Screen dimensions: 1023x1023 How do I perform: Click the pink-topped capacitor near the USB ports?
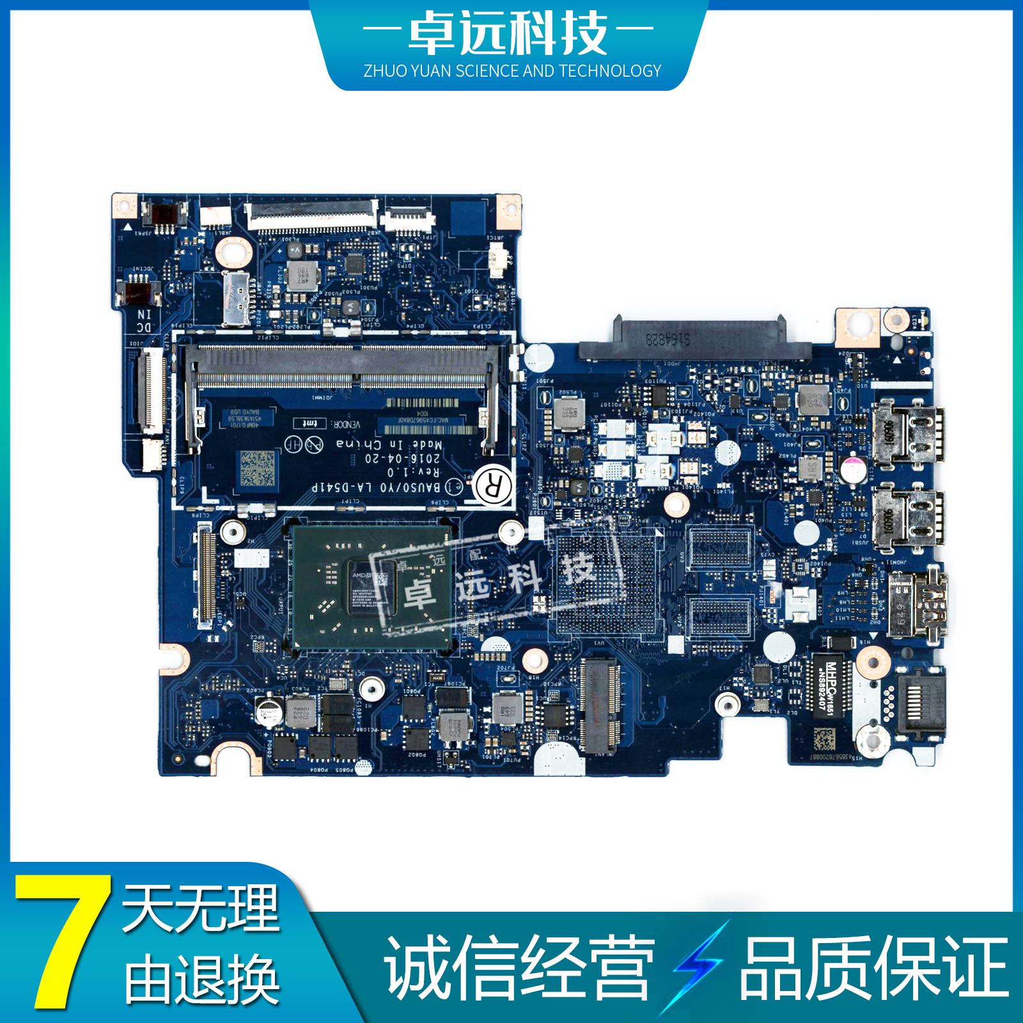(x=853, y=469)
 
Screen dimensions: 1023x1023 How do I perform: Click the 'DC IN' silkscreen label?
(x=144, y=321)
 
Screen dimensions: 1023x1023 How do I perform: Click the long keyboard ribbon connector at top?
(x=312, y=214)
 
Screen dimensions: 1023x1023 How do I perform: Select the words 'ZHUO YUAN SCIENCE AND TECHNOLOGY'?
(x=512, y=71)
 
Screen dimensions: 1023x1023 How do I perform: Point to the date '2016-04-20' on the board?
(x=402, y=458)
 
